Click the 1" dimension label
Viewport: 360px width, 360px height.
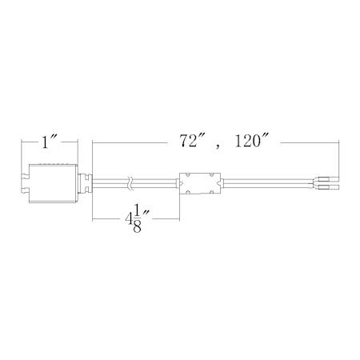tap(49, 142)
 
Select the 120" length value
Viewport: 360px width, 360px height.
tap(251, 141)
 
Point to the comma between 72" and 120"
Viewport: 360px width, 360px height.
tap(218, 146)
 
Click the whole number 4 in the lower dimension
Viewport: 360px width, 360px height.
tap(129, 219)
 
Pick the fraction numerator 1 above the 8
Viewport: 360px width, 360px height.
tap(137, 211)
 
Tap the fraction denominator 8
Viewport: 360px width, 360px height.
tap(137, 226)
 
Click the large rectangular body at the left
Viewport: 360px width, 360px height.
tap(53, 183)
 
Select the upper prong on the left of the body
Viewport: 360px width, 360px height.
tap(25, 176)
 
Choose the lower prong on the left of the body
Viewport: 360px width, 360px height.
tap(25, 190)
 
